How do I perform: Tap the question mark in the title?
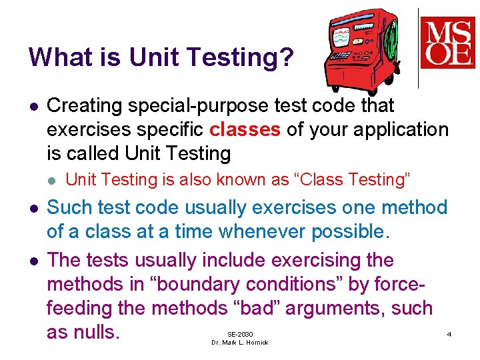[x=286, y=57]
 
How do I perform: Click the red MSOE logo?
[x=447, y=42]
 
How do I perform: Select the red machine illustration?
[x=360, y=50]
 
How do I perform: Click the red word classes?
[x=245, y=129]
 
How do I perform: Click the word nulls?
[x=93, y=332]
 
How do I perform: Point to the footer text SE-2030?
[x=240, y=333]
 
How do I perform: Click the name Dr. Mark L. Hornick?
[x=240, y=343]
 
